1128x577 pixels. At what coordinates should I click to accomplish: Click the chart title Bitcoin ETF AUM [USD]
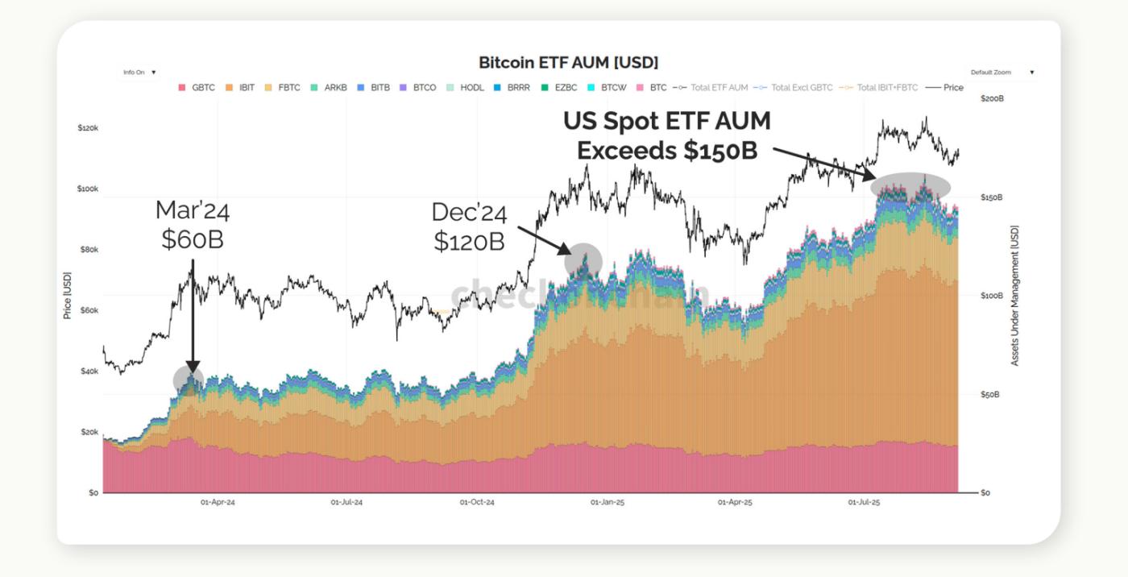[568, 62]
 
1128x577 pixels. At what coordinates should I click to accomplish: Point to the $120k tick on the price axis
[88, 128]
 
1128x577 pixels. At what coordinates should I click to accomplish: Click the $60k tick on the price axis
[88, 310]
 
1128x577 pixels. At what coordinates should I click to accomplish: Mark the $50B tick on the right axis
[989, 395]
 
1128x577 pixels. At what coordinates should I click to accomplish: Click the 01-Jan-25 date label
[608, 502]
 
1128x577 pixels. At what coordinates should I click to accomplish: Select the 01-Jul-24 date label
[346, 502]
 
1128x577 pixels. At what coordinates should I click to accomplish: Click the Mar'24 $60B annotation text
[193, 225]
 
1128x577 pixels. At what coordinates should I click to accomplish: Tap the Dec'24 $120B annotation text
[469, 226]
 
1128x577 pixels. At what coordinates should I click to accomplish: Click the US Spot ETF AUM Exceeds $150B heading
[666, 135]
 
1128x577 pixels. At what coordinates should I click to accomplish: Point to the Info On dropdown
[139, 73]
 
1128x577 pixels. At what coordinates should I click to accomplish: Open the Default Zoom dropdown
[1002, 73]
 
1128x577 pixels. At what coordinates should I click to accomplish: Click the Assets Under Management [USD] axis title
[1014, 296]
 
